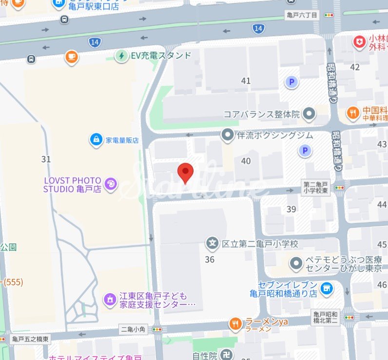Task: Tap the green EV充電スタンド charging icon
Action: (121, 56)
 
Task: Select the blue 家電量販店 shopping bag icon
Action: (97, 140)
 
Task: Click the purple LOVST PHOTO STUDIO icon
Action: (111, 184)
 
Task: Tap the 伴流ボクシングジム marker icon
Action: (228, 135)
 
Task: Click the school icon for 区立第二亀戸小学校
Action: (213, 242)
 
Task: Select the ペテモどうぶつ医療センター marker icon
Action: (295, 264)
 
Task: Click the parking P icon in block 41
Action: (291, 82)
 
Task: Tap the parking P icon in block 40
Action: (305, 151)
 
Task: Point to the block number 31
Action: (46, 159)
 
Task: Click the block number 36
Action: (210, 260)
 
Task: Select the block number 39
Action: (291, 209)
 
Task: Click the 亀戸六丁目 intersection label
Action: (301, 16)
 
